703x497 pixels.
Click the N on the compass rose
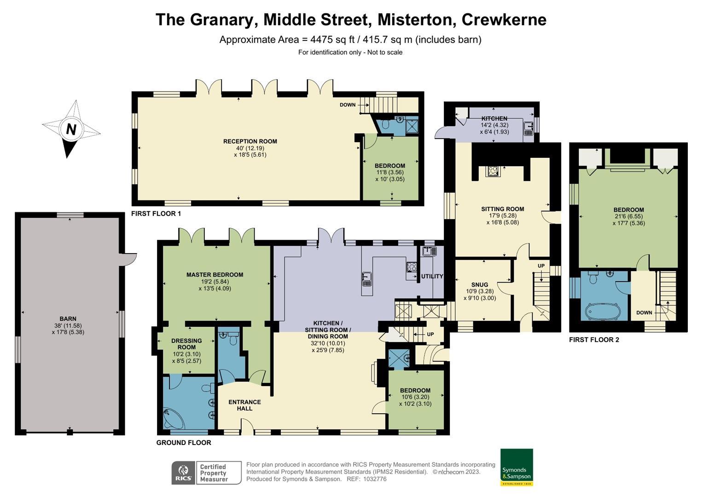(x=70, y=129)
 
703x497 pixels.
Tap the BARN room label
(x=68, y=318)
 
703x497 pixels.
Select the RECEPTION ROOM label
(x=250, y=141)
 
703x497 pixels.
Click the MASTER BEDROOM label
(x=215, y=275)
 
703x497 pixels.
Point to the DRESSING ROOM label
(x=186, y=344)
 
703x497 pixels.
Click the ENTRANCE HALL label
(x=244, y=405)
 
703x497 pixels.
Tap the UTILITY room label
(x=432, y=276)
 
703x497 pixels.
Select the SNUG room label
(x=479, y=284)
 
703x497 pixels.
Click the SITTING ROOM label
(x=502, y=209)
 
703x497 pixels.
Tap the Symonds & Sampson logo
(x=517, y=467)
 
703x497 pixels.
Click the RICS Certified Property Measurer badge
(x=206, y=473)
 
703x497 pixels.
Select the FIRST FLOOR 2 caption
(x=594, y=340)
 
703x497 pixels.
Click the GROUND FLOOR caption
(x=184, y=443)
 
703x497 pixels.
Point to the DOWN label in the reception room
(x=348, y=105)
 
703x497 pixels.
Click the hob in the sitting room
(x=493, y=171)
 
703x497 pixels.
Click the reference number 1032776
(x=374, y=479)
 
